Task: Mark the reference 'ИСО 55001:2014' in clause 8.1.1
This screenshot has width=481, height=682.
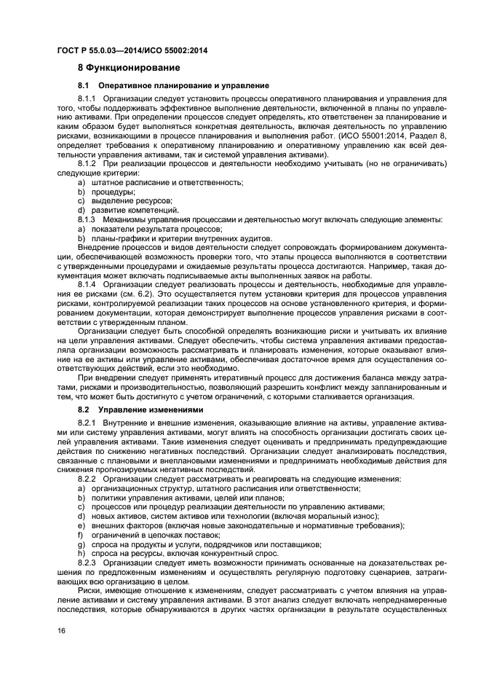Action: tap(346, 136)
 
